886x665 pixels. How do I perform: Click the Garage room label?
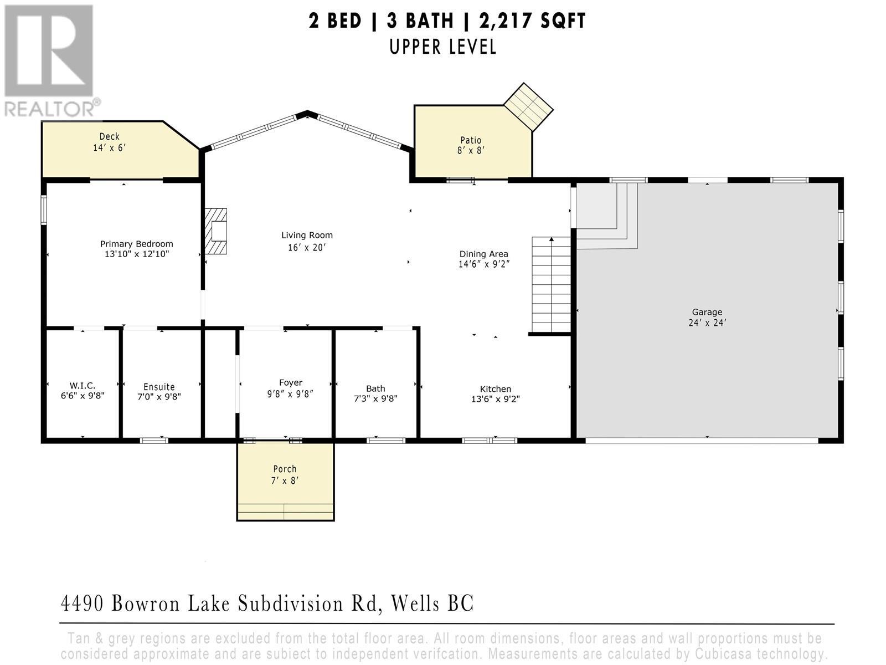coord(707,312)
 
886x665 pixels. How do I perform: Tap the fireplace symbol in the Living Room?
coord(216,232)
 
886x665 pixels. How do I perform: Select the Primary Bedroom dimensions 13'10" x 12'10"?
coord(136,254)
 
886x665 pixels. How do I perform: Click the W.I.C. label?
coord(82,385)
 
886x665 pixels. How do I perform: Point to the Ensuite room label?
coord(159,387)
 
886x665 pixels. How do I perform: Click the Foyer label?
coord(290,382)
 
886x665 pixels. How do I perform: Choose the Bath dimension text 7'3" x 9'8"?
coord(375,398)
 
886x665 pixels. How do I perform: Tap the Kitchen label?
coord(495,389)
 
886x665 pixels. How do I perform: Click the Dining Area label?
coord(483,254)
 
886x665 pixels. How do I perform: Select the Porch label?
coord(285,469)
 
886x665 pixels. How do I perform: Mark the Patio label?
coord(471,140)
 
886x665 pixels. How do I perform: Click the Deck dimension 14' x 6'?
coord(110,148)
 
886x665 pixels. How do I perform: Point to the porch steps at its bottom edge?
coord(285,511)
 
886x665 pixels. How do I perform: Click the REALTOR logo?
coord(50,61)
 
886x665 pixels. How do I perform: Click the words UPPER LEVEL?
coord(442,47)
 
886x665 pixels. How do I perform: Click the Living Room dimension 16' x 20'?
coord(306,248)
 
